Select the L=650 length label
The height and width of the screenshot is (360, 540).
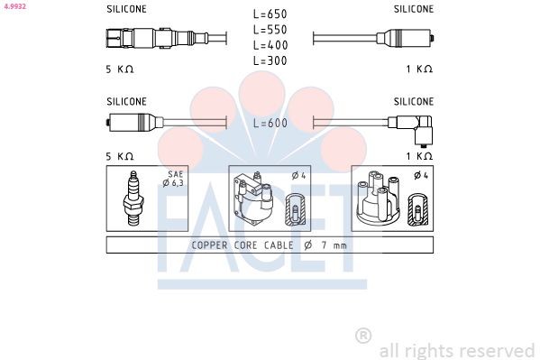pos(270,14)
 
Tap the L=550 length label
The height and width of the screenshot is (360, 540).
pos(270,30)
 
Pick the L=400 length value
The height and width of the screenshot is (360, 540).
pos(270,45)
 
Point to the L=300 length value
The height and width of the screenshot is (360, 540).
pos(270,60)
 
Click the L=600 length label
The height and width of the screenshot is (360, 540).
pos(270,124)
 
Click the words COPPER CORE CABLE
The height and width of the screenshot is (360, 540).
pos(242,245)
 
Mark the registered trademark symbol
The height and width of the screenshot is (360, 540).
pos(363,335)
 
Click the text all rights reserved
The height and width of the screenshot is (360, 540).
pos(457,350)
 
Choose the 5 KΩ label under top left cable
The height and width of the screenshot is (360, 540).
pos(120,69)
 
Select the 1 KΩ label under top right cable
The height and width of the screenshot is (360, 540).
pos(419,69)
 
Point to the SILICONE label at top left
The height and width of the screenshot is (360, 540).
pos(126,8)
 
